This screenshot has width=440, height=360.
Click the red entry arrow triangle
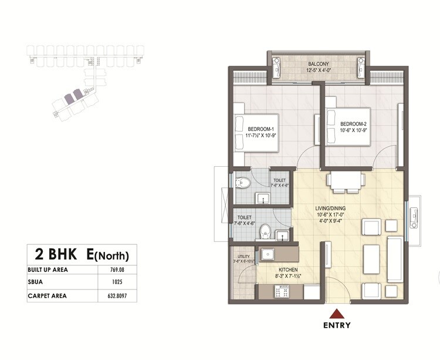tap(336, 313)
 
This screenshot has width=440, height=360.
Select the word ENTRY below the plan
tap(337, 325)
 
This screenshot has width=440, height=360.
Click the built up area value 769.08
tap(117, 270)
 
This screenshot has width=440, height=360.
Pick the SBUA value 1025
tap(117, 282)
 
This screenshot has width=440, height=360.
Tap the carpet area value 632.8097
tap(117, 295)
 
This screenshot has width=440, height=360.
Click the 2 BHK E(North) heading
tap(82, 255)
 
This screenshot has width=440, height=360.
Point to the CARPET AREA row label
tap(47, 295)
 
